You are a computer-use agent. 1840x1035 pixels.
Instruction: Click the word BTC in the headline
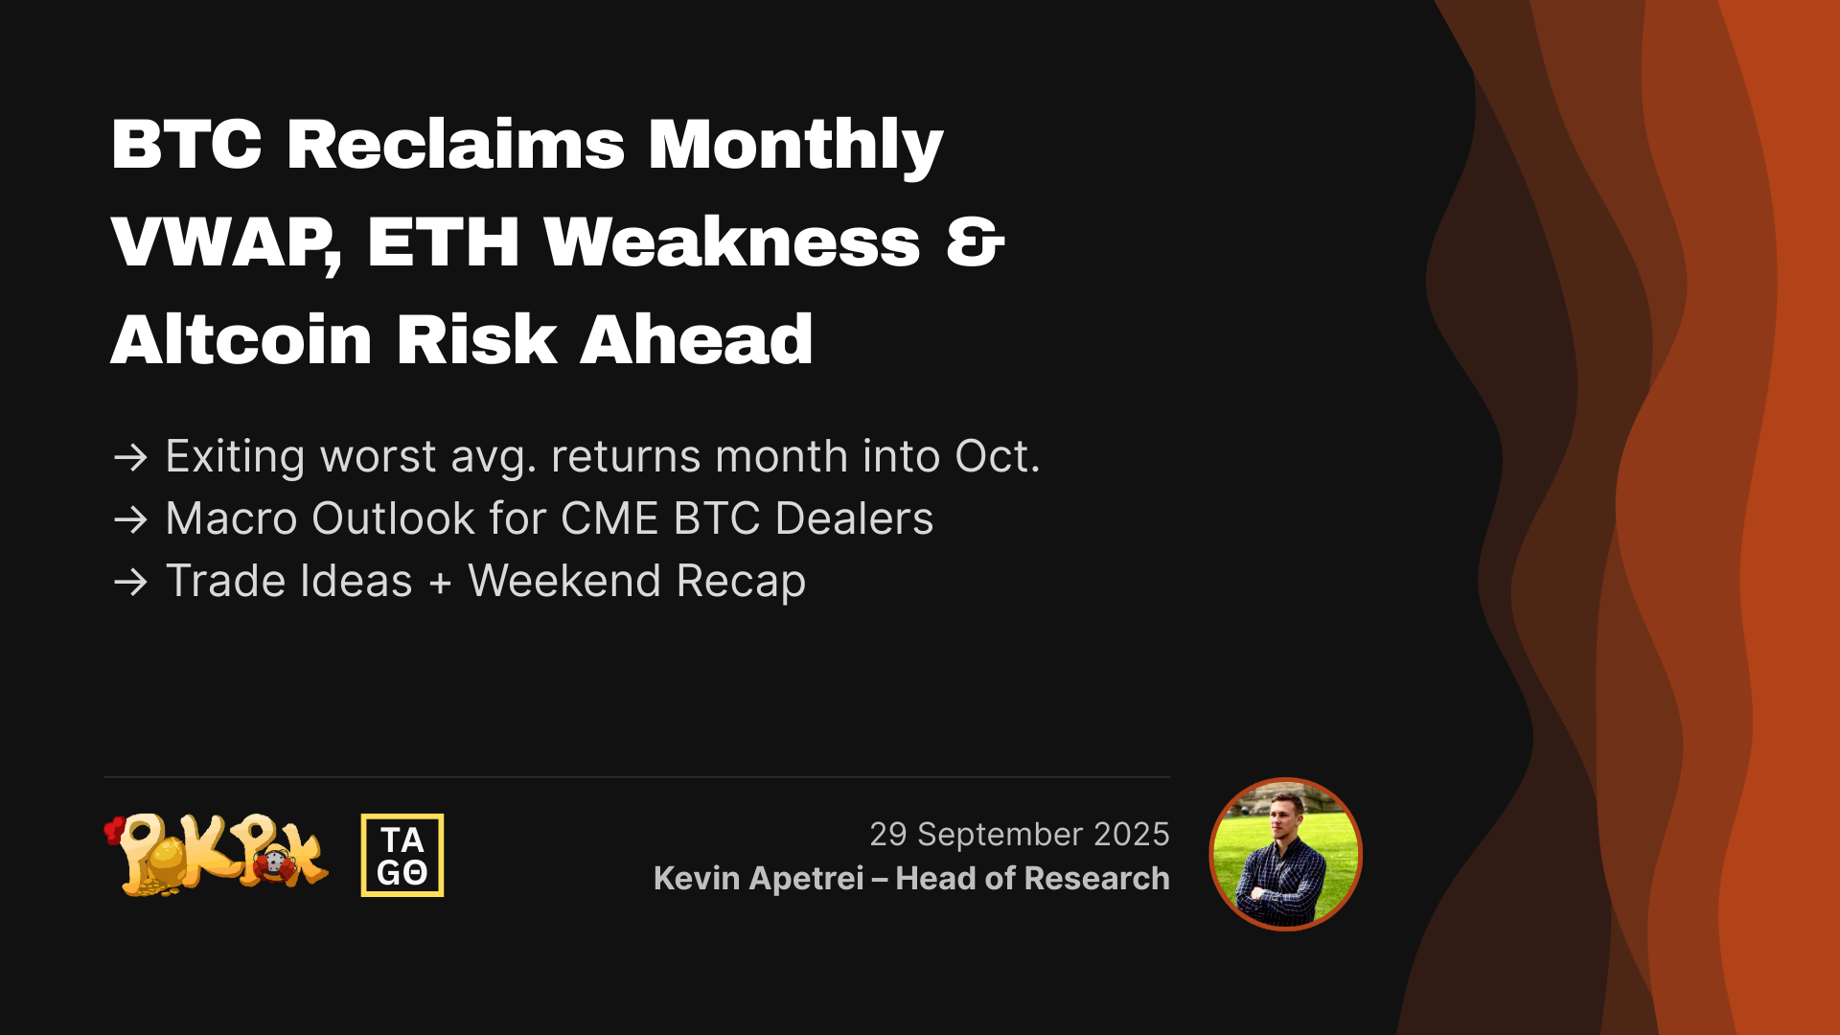187,145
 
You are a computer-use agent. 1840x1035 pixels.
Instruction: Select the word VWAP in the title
225,243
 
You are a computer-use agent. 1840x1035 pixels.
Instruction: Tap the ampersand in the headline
975,242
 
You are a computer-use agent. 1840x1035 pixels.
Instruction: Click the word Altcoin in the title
241,340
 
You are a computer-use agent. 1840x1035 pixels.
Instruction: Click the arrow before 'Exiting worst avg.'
130,457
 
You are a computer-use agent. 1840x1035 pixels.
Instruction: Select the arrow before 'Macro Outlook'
130,519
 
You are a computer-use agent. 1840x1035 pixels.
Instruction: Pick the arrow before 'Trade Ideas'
130,582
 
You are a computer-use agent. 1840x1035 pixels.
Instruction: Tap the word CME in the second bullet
609,518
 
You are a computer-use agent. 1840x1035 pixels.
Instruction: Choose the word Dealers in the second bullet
854,518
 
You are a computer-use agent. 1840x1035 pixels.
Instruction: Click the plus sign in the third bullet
440,583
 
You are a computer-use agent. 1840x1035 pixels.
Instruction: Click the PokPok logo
217,855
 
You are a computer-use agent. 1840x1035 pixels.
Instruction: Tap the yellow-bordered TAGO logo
402,855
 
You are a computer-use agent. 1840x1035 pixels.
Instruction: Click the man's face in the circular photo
1285,815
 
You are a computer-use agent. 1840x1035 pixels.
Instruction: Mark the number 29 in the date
888,835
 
